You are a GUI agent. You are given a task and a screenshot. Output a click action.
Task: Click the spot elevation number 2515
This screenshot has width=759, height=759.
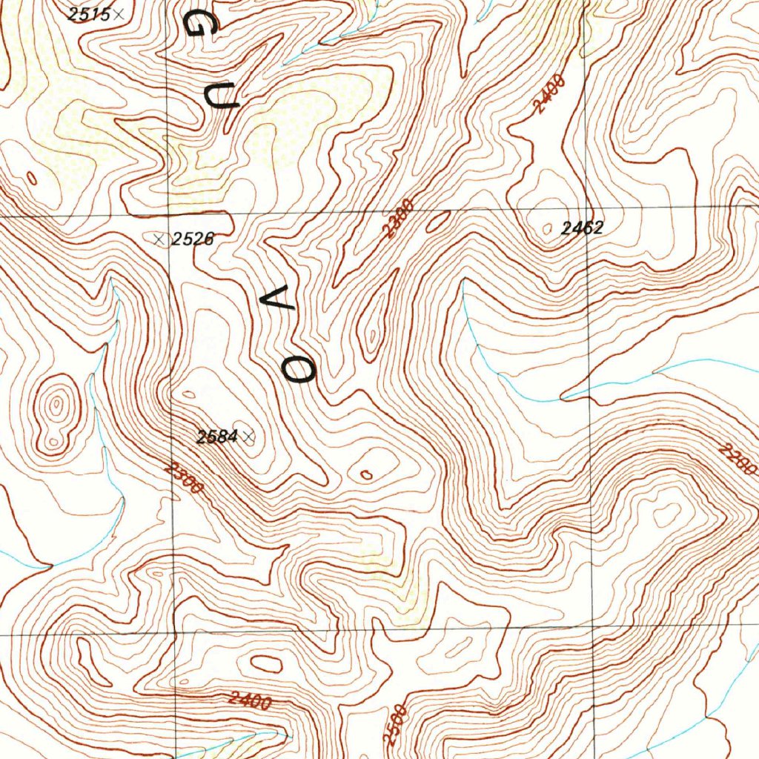88,13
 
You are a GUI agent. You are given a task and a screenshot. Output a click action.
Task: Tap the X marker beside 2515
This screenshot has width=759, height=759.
119,14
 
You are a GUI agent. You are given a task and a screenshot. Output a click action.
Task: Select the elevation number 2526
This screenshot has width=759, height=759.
193,239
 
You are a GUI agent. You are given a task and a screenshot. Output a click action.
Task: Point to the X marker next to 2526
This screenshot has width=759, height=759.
157,239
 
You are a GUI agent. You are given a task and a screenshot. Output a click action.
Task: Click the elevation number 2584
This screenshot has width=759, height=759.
217,437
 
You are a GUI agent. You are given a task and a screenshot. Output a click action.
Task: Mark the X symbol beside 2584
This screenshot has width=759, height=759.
248,437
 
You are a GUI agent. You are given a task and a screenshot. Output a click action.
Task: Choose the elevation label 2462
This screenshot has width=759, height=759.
582,228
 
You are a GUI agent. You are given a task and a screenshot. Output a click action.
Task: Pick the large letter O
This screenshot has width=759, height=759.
301,368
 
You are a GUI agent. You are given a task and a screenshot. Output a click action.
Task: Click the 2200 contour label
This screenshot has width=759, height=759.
738,460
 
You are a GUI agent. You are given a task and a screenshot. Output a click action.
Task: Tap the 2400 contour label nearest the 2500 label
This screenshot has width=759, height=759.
250,700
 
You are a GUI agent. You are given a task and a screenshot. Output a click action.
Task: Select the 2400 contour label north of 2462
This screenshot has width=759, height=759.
549,95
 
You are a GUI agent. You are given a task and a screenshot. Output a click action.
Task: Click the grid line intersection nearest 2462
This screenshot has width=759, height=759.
587,211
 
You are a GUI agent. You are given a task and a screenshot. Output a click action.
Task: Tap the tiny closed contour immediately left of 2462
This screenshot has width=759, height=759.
548,229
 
